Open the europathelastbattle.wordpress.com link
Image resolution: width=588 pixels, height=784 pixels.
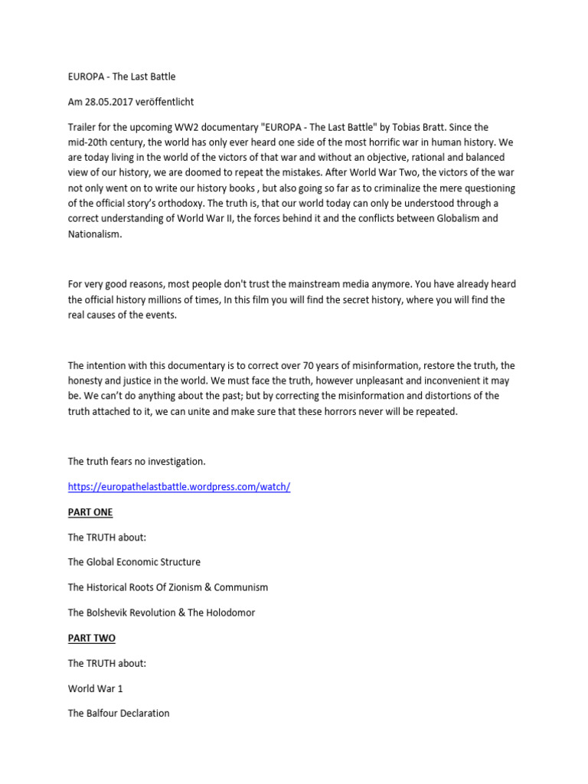[179, 487]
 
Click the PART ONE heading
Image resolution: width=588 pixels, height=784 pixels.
[90, 512]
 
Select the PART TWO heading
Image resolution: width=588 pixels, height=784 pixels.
[91, 638]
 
